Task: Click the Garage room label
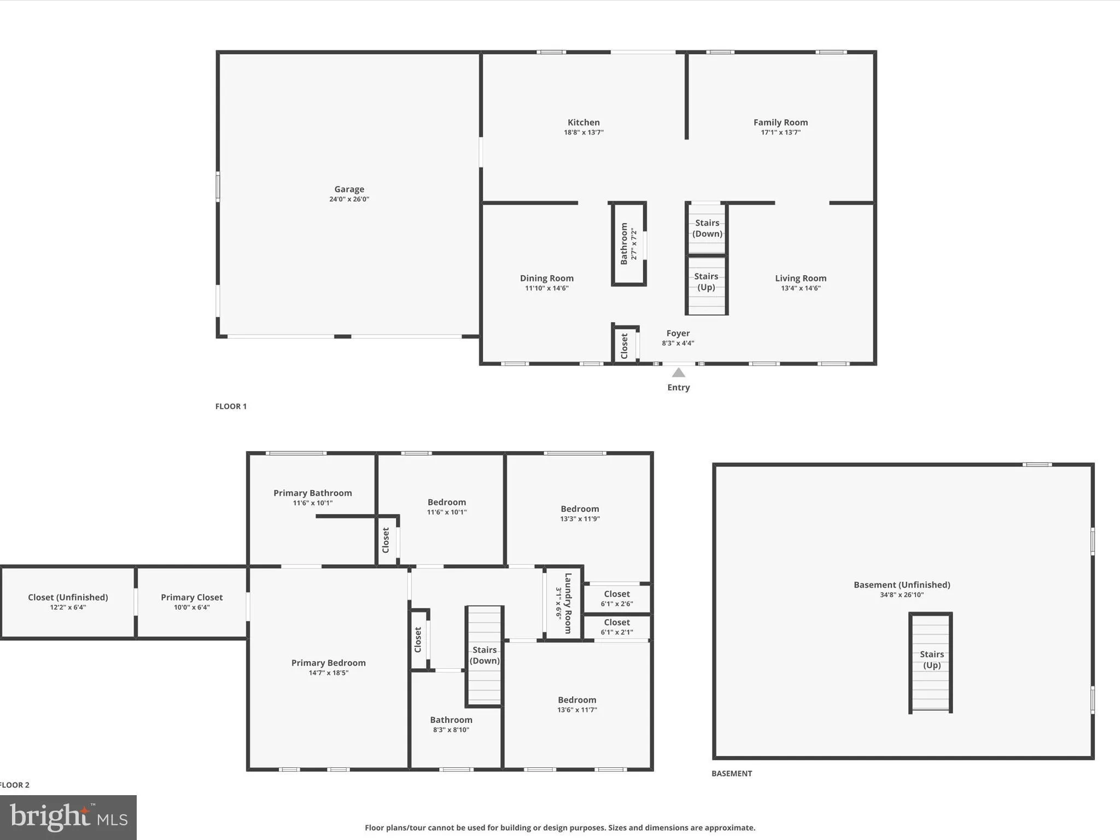[x=349, y=189]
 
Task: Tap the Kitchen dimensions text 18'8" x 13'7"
[x=584, y=132]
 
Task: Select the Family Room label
[x=780, y=122]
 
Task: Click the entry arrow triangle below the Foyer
[x=678, y=373]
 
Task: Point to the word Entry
[x=678, y=387]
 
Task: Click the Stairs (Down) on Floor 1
[x=707, y=228]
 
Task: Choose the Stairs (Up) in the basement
[x=931, y=660]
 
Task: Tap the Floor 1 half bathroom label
[x=624, y=243]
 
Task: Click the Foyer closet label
[x=625, y=346]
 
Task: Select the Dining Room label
[x=546, y=278]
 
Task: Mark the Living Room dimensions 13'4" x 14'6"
[x=801, y=288]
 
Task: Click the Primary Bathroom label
[x=312, y=493]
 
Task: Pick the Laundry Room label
[x=568, y=603]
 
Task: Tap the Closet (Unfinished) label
[x=68, y=597]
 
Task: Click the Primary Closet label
[x=191, y=597]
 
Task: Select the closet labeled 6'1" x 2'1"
[x=617, y=627]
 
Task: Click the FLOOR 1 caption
[x=231, y=406]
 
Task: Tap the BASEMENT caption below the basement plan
[x=731, y=773]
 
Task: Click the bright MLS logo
[x=68, y=817]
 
